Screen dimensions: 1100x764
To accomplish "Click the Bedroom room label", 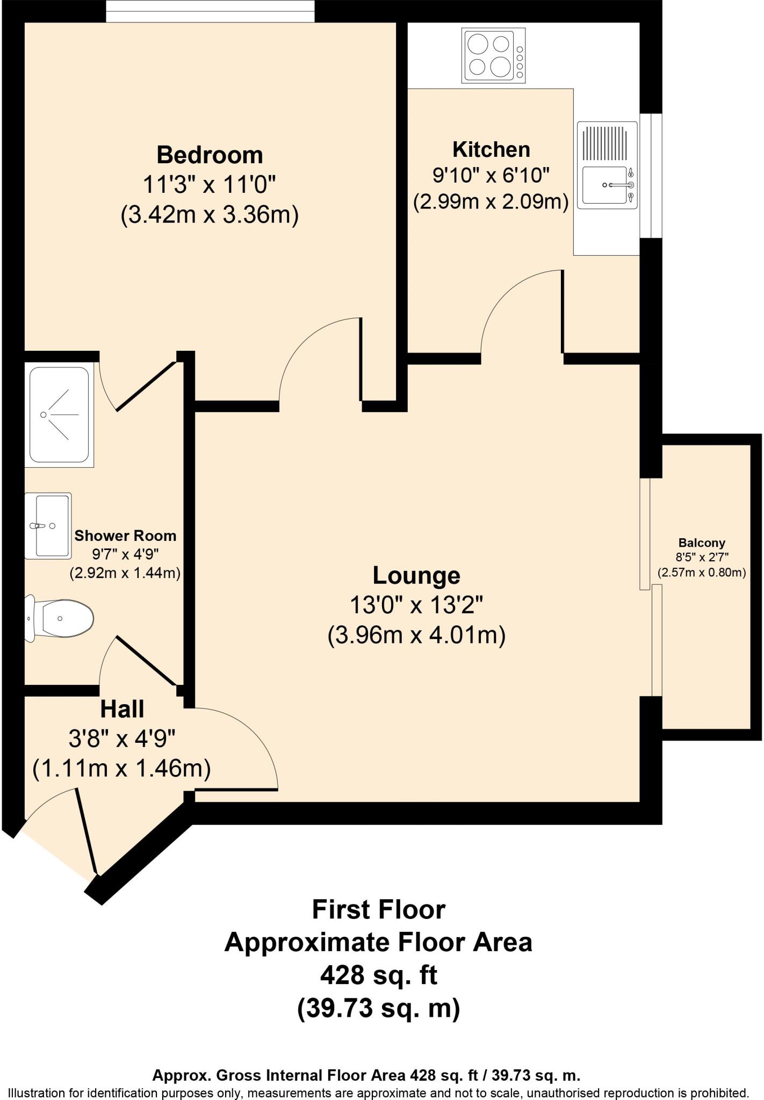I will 210,155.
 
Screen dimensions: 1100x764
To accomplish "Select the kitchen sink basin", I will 605,185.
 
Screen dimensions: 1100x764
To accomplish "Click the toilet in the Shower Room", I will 60,618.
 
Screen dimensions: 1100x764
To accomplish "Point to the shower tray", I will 59,415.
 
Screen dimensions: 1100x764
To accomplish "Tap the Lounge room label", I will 416,575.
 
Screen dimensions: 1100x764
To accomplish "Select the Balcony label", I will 702,542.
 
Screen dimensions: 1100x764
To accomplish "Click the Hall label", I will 122,710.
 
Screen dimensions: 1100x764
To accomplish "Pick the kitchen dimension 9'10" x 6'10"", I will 491,175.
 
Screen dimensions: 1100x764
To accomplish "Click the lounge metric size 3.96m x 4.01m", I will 416,636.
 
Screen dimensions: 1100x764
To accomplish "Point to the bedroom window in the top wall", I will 210,11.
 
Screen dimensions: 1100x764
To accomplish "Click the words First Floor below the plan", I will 379,910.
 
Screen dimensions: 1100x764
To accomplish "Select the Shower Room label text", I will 125,535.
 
